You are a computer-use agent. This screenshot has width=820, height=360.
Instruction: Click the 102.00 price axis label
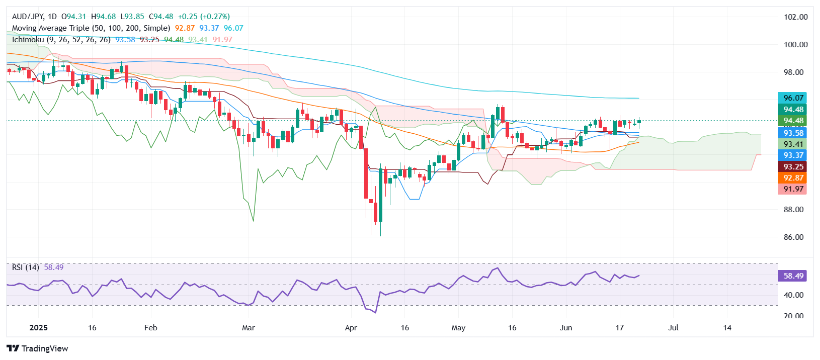795,17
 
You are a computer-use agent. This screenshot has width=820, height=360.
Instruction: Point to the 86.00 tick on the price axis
795,237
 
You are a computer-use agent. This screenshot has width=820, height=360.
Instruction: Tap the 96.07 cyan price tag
793,98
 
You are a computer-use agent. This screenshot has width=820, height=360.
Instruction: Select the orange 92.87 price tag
793,178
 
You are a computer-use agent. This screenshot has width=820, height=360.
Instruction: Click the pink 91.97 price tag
793,189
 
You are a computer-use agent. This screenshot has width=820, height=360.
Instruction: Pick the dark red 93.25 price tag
793,167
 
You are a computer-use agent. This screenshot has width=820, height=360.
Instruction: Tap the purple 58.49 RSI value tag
793,276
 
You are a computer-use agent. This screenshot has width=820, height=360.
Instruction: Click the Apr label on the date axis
351,328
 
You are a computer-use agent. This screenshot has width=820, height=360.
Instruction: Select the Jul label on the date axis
673,328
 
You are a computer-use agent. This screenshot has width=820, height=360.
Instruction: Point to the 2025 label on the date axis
39,328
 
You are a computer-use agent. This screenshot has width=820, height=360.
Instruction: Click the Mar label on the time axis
249,328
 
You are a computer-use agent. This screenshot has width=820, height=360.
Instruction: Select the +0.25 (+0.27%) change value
204,17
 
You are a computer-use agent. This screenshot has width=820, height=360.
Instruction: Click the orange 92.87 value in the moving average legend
185,28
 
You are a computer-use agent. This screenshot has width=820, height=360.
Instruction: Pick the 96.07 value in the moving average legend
233,28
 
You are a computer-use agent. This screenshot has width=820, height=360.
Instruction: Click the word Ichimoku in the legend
28,39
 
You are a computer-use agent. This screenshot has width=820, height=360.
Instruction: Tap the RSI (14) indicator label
25,267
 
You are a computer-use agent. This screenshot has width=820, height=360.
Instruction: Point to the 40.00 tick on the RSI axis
794,295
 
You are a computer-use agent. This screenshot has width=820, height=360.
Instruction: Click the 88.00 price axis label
795,210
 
